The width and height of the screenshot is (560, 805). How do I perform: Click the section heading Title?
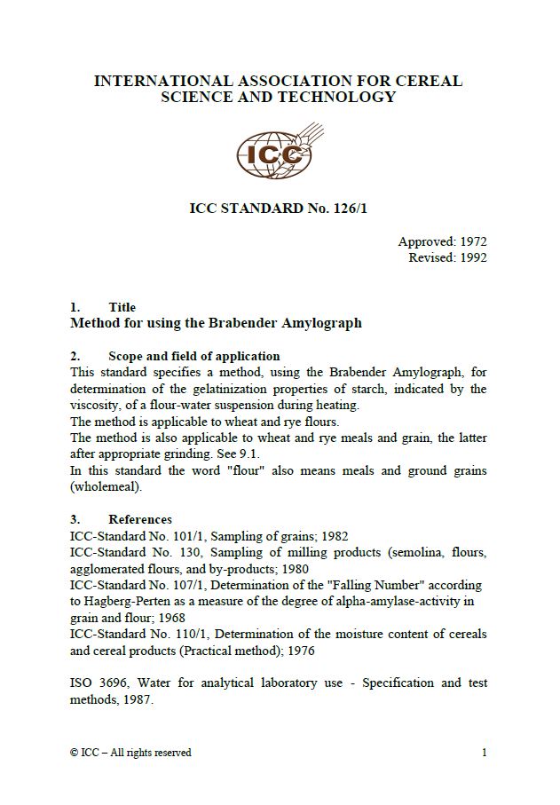122,307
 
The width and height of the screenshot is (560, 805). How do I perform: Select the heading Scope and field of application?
193,356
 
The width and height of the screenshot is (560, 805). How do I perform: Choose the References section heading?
140,519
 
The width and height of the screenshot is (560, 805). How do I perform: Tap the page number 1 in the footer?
485,753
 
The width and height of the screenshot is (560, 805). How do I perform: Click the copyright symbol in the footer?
74,753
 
